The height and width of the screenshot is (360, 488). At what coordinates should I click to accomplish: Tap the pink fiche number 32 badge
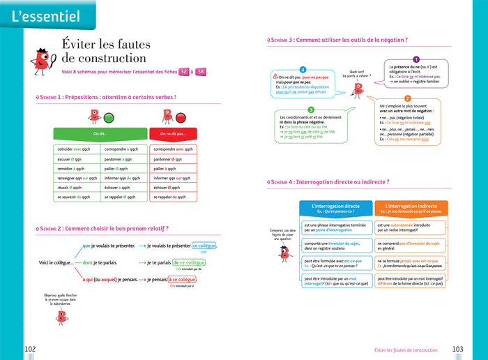pyautogui.click(x=183, y=72)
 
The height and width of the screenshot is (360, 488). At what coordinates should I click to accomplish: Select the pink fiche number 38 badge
pyautogui.click(x=201, y=72)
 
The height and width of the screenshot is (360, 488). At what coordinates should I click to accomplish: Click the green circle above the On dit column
pyautogui.click(x=109, y=117)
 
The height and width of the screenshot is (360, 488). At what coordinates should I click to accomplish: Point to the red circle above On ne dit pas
pyautogui.click(x=181, y=117)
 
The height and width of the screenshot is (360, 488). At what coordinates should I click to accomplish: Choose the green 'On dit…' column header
pyautogui.click(x=100, y=133)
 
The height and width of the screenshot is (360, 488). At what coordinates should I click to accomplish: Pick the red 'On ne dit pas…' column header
pyautogui.click(x=174, y=133)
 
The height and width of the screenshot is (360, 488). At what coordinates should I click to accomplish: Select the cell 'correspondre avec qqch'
pyautogui.click(x=174, y=149)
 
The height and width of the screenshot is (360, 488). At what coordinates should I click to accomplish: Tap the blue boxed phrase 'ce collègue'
pyautogui.click(x=203, y=246)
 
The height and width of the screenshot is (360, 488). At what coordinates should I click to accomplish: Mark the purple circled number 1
pyautogui.click(x=416, y=60)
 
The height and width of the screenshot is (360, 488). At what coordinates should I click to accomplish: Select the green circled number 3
pyautogui.click(x=310, y=110)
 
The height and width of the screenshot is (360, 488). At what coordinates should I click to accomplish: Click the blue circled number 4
pyautogui.click(x=303, y=70)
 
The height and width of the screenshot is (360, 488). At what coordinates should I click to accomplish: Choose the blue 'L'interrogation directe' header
pyautogui.click(x=336, y=208)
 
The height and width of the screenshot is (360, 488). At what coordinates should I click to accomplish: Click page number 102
pyautogui.click(x=30, y=349)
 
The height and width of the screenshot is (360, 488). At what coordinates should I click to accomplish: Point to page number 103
pyautogui.click(x=458, y=349)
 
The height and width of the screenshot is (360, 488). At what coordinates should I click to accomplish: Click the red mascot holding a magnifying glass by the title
pyautogui.click(x=41, y=61)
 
